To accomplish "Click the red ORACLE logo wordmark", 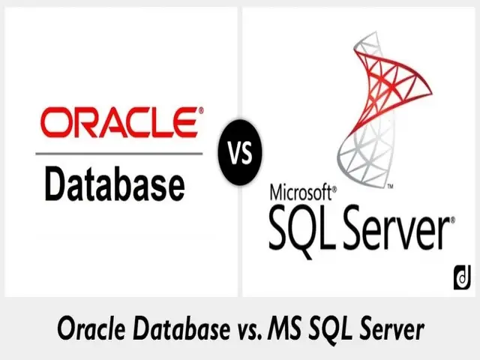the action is (x=118, y=122).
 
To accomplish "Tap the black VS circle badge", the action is (x=240, y=152).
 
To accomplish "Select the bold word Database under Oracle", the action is (x=115, y=183).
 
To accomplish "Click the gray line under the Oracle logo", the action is (x=119, y=153).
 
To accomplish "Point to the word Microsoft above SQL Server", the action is (x=300, y=192).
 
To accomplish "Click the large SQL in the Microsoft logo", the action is (x=300, y=229).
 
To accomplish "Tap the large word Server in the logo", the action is (x=396, y=228).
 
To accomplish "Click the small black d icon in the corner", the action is (x=462, y=277).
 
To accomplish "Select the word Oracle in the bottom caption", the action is (x=91, y=329).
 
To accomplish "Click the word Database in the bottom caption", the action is (x=181, y=329).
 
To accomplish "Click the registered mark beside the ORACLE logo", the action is (x=201, y=110).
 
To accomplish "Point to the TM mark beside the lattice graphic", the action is (x=390, y=186).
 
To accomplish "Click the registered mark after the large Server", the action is (x=451, y=220).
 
